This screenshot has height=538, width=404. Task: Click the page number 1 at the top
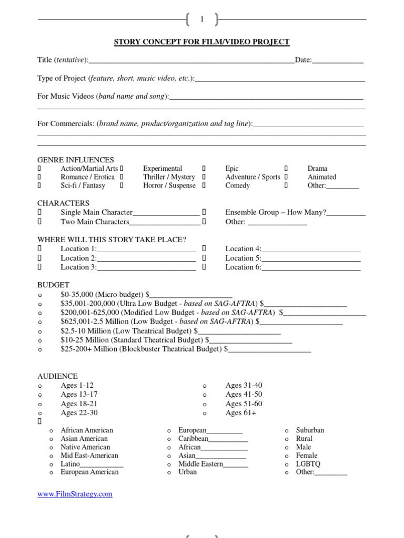pos(201,19)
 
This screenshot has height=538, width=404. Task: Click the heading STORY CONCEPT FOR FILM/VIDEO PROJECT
pos(202,42)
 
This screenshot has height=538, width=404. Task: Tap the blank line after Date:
pos(338,60)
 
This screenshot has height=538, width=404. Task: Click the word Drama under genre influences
pos(317,169)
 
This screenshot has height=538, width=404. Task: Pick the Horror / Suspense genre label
pos(169,185)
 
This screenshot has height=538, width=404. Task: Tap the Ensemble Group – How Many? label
pos(276,212)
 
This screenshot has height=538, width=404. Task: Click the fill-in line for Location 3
pos(146,267)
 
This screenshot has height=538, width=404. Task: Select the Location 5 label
pos(243,258)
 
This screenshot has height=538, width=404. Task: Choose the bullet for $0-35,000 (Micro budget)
pos(40,295)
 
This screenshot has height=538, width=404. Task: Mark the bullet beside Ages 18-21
pos(40,404)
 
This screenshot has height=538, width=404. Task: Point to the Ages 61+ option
pos(240,413)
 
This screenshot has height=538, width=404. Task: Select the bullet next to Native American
pos(51,448)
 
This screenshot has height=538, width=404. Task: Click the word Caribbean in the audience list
pos(193,439)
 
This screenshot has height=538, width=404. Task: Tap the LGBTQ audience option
pos(308,464)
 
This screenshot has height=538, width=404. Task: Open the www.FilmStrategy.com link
pos(75,494)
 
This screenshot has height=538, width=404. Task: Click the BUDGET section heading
pos(53,284)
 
